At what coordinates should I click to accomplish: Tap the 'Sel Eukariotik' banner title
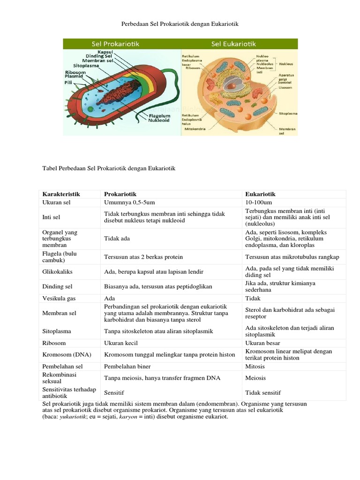pyautogui.click(x=233, y=44)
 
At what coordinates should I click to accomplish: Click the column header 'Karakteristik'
pyautogui.click(x=61, y=194)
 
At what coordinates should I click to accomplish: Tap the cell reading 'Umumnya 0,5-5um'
pyautogui.click(x=127, y=202)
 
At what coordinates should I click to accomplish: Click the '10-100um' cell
pyautogui.click(x=259, y=202)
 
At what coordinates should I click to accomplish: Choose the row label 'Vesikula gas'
pyautogui.click(x=59, y=298)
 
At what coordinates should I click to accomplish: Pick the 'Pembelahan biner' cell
pyautogui.click(x=127, y=367)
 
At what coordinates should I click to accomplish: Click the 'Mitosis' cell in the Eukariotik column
pyautogui.click(x=255, y=367)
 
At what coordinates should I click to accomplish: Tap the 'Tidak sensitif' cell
pyautogui.click(x=263, y=393)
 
